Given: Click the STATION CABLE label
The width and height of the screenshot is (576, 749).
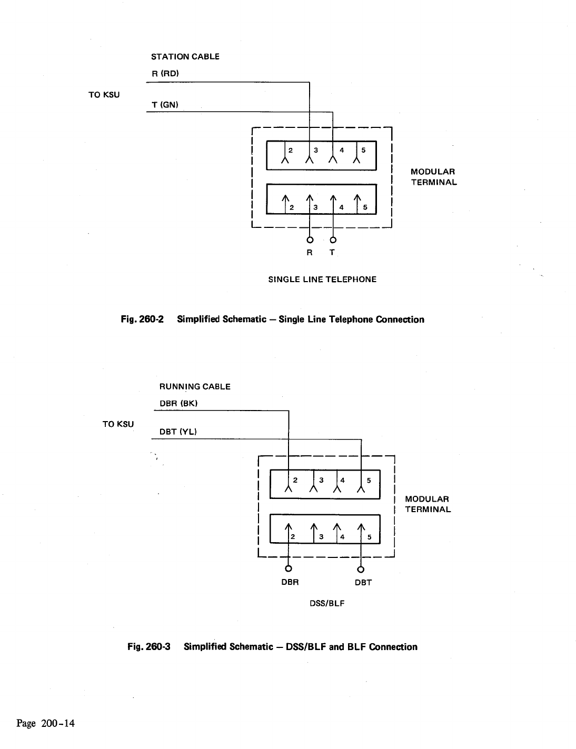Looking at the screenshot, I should (185, 56).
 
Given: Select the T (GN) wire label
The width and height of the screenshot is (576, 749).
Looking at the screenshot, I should (165, 105).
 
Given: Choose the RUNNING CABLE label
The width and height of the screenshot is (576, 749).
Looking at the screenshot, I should (195, 386).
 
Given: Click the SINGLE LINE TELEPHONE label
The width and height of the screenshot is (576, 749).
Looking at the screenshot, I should (322, 279).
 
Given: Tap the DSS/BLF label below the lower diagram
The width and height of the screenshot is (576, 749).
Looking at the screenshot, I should (327, 603).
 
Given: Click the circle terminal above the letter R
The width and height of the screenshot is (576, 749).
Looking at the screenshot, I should (310, 241).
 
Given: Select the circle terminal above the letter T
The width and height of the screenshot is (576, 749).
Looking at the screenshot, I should (333, 241).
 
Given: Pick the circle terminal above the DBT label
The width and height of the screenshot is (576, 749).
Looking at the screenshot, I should (361, 568).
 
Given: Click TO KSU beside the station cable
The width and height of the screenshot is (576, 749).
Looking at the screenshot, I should (104, 95).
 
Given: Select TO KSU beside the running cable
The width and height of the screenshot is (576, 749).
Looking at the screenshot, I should (118, 424).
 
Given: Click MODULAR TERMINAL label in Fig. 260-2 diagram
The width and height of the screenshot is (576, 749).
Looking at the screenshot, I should (433, 177).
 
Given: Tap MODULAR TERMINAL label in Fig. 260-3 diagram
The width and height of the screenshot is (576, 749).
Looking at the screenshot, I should (428, 504).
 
